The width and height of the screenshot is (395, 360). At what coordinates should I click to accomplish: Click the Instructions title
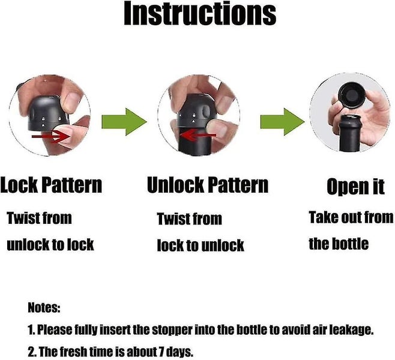coord(200,13)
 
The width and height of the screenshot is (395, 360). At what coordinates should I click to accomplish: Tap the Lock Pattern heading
coord(51,185)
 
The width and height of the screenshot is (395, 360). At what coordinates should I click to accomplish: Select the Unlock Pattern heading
coord(208,185)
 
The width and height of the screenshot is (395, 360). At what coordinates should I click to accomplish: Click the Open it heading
coord(355,187)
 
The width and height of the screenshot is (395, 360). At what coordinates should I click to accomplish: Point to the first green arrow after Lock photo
coord(124,122)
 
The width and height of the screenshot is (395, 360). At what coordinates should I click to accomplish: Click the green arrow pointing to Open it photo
coord(282,122)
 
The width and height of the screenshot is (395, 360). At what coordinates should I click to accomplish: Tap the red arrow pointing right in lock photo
coord(50,137)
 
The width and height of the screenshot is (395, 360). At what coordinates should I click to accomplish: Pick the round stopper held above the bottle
coord(351,95)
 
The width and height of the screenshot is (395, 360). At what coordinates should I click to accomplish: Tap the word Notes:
coord(44,307)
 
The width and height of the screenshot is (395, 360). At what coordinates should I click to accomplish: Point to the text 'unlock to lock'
coord(50,244)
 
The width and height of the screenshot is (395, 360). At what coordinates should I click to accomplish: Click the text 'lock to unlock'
coord(201,245)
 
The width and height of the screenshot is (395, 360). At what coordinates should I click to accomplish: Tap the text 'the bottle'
coord(339,244)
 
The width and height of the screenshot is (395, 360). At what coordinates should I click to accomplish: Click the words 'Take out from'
coord(351,217)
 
